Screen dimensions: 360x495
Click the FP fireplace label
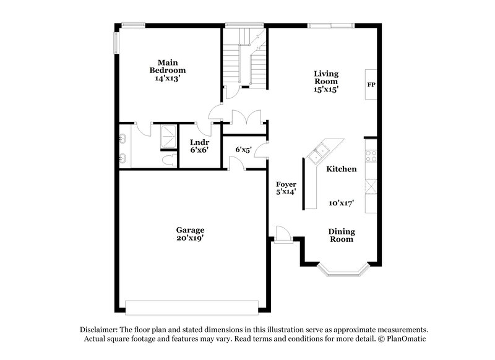click(x=370, y=84)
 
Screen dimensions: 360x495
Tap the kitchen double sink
click(x=321, y=151)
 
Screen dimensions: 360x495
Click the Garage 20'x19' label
click(x=190, y=233)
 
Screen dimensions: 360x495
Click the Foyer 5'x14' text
click(x=286, y=188)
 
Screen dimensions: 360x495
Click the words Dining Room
click(x=341, y=235)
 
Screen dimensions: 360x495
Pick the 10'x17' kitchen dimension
click(x=340, y=202)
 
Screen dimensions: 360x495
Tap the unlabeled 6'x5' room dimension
click(x=243, y=149)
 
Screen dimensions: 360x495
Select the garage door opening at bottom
click(x=192, y=307)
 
